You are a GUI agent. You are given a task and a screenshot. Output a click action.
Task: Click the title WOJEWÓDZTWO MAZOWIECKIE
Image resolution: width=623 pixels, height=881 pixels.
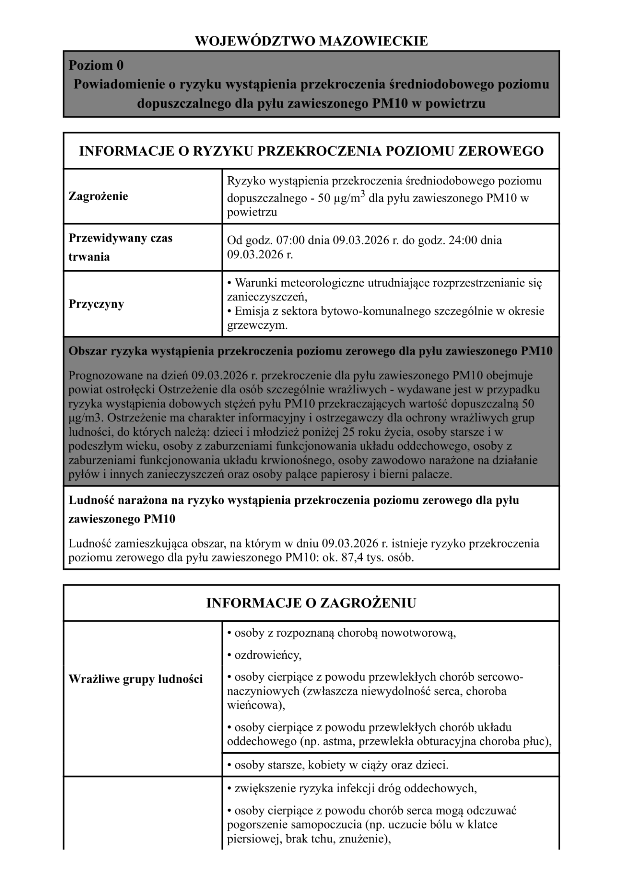(311, 41)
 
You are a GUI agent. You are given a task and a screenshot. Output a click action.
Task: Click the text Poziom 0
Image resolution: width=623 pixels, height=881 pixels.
(96, 65)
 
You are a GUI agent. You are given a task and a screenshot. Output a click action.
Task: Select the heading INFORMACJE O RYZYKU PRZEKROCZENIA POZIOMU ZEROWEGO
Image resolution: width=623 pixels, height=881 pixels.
(311, 151)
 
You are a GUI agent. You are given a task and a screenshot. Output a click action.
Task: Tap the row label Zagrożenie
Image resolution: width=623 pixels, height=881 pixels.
(98, 196)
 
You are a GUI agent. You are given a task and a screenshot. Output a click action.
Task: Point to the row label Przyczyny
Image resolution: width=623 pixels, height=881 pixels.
(96, 304)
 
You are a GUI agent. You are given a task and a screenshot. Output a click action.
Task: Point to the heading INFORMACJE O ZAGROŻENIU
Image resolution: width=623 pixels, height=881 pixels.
(311, 603)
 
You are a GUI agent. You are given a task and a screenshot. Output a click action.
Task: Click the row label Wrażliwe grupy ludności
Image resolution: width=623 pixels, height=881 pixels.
(136, 679)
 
